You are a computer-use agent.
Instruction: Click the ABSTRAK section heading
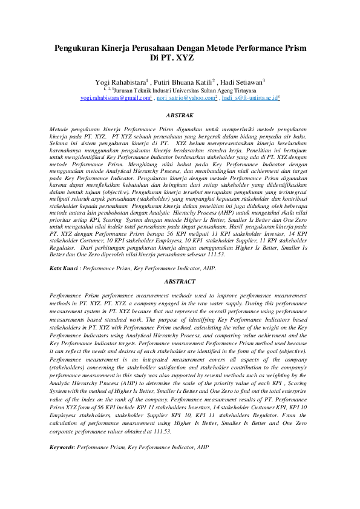coord(180,114)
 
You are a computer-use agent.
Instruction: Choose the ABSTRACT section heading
coord(180,282)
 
